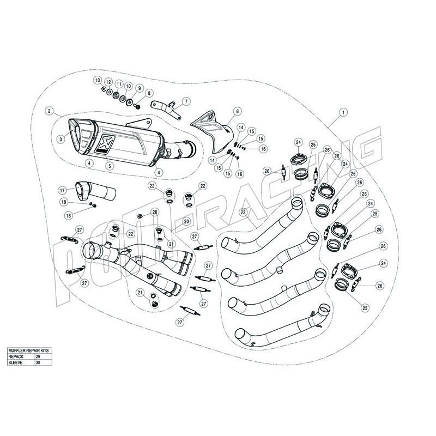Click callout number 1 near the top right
coord(343,113)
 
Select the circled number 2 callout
coord(49,111)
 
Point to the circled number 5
coord(110,166)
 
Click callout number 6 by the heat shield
coord(238,112)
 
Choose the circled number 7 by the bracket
coord(185,101)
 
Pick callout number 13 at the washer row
coord(98,81)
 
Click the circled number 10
coord(129,87)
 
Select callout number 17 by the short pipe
coord(63,190)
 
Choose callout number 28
coord(155,212)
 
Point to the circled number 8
coord(149,94)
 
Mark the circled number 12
coord(108,83)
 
